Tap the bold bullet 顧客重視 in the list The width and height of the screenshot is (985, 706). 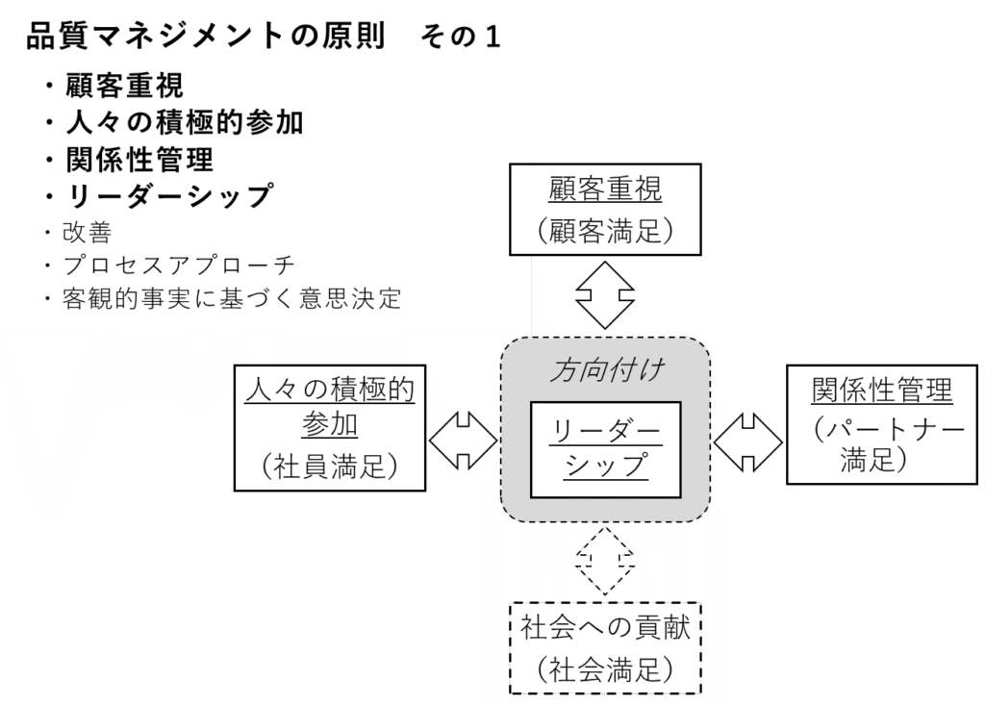point(124,88)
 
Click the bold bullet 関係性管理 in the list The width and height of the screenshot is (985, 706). point(139,158)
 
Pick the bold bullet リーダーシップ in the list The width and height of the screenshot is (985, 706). point(169,195)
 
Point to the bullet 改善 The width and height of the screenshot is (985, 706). point(88,232)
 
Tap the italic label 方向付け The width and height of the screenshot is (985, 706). point(605,370)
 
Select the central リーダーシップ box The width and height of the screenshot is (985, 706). point(605,448)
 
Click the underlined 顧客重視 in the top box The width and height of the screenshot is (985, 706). point(605,189)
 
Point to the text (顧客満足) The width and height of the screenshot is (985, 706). point(605,230)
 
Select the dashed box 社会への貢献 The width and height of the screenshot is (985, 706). point(605,628)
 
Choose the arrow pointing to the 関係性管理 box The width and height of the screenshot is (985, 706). point(749,441)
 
